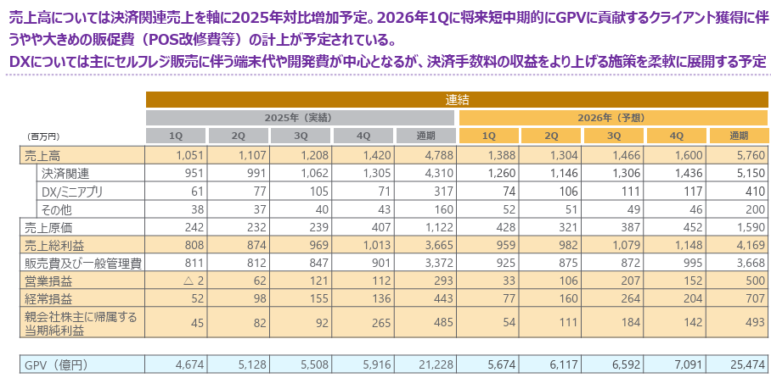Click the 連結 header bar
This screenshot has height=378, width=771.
(x=457, y=100)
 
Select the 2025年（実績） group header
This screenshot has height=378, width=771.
(x=300, y=118)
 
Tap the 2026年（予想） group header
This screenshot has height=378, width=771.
(x=613, y=118)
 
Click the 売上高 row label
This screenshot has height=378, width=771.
(x=40, y=156)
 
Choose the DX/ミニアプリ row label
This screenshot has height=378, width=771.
(x=73, y=192)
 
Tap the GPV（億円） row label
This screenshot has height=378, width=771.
(x=56, y=365)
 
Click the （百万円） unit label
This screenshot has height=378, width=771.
(x=44, y=136)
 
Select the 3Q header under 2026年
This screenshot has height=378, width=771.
(x=614, y=136)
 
